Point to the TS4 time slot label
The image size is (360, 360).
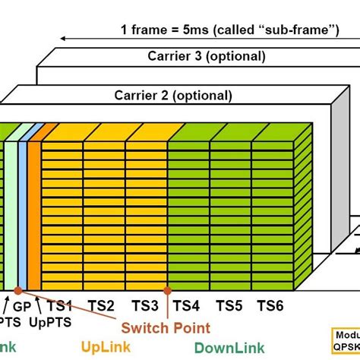(188, 305)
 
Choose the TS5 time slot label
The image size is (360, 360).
(229, 305)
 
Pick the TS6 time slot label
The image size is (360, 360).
(270, 305)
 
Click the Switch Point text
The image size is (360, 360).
(167, 327)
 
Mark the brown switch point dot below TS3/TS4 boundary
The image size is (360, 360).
(168, 289)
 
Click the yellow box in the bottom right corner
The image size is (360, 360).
(346, 337)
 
